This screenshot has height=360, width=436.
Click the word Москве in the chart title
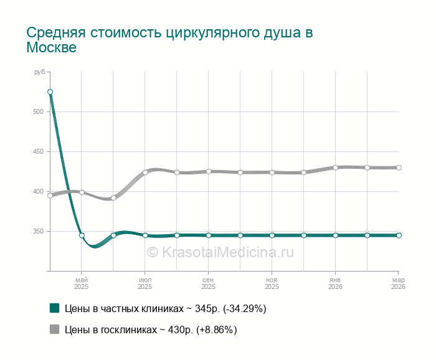(51, 47)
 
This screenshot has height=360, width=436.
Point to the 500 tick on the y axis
(39, 112)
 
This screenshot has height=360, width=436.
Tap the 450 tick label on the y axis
(39, 152)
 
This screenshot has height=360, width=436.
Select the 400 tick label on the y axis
(39, 192)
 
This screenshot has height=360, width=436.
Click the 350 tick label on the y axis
(39, 232)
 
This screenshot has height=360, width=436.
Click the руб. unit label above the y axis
(40, 73)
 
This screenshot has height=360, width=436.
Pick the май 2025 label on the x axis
(82, 283)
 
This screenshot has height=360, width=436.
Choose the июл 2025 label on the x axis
(145, 283)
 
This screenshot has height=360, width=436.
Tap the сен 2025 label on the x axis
(209, 283)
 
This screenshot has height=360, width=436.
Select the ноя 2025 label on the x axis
(272, 283)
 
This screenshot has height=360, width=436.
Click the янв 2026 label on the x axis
(335, 283)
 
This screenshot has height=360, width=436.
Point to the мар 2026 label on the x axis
(398, 283)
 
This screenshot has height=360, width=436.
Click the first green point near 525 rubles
(50, 92)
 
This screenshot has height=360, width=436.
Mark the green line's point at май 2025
(82, 235)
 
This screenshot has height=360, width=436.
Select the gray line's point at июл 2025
(145, 173)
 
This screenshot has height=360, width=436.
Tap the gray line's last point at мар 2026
(399, 168)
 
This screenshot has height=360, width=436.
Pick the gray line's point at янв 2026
(335, 168)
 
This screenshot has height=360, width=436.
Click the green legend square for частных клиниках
(54, 308)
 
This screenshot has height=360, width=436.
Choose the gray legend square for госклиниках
(54, 329)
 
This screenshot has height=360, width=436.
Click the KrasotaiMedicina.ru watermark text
(220, 252)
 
